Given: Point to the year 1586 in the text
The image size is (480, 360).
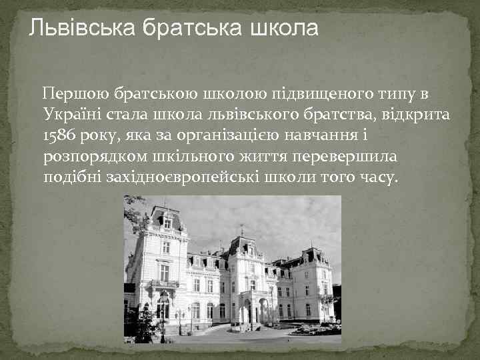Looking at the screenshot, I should point(59,136).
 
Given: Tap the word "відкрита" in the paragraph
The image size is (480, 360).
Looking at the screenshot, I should point(419,114).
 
